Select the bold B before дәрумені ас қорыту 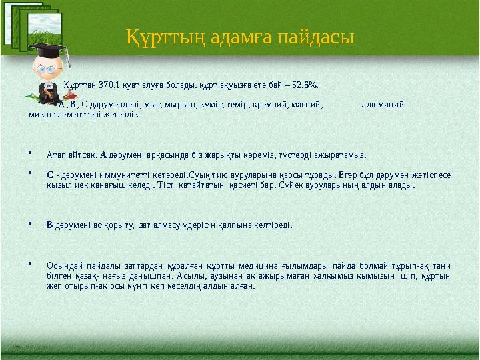point(49,225)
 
